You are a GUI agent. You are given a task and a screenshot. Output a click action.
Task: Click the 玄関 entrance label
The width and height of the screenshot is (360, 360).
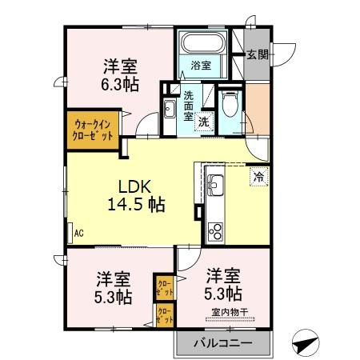(x=257, y=54)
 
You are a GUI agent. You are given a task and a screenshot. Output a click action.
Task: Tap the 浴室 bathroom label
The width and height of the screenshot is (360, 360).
(x=200, y=66)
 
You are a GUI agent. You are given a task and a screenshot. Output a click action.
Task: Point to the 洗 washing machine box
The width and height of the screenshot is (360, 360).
(x=204, y=122)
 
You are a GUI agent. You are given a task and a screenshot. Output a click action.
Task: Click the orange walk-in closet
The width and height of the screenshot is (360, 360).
(x=92, y=129)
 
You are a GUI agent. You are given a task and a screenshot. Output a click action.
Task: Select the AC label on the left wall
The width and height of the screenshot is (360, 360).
(x=78, y=234)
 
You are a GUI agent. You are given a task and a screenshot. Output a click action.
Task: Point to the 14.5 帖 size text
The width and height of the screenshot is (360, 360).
(x=136, y=205)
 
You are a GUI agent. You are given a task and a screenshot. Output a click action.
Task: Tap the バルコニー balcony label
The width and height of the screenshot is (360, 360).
(x=223, y=344)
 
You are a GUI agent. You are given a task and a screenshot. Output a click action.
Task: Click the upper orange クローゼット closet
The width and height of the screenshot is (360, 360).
(x=165, y=286)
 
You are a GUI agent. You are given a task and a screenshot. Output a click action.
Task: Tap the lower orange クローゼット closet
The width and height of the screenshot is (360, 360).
(x=165, y=316)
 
